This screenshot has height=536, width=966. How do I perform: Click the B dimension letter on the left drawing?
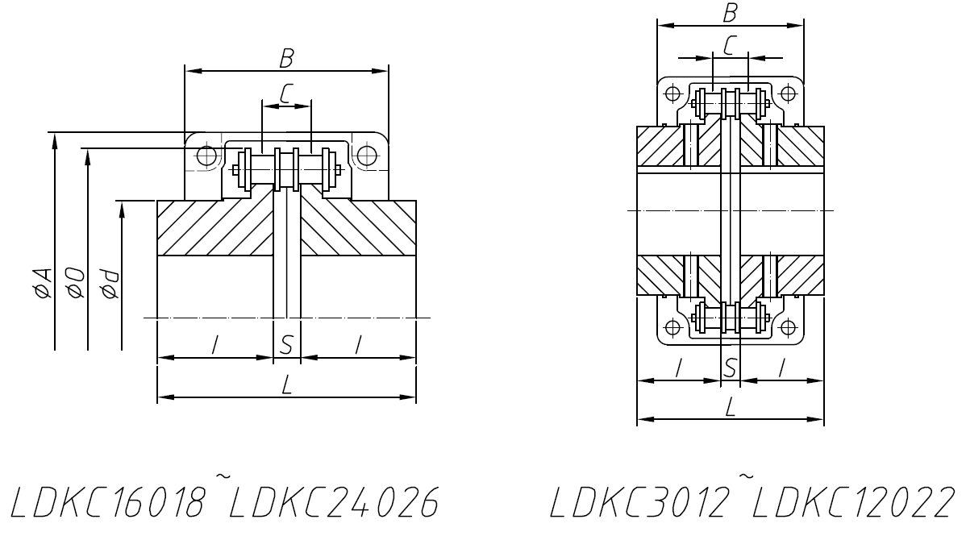[x=286, y=59]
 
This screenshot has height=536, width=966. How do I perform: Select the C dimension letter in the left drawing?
[x=286, y=93]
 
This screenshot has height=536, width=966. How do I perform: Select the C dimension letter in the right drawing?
[x=730, y=46]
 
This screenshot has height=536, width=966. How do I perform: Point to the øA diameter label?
[x=43, y=284]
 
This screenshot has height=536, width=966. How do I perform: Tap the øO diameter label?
[x=77, y=284]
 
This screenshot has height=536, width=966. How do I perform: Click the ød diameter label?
[x=110, y=284]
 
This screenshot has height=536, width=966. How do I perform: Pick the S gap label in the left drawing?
[x=286, y=345]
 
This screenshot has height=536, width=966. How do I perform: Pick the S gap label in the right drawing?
[x=730, y=368]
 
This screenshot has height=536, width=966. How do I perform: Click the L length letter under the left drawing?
[x=286, y=385]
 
